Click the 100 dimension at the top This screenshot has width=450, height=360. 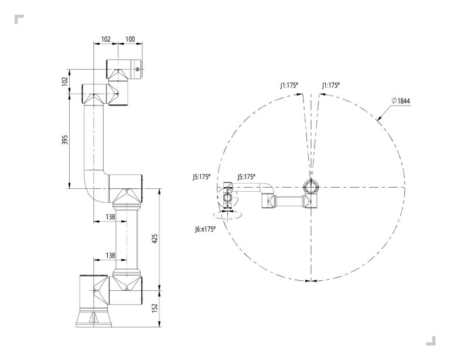coord(130,39)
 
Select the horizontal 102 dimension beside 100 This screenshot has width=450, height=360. coord(106,39)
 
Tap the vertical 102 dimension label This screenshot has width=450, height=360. coord(65,81)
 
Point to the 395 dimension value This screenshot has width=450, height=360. coord(65,140)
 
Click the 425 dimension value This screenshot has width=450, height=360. coord(155,239)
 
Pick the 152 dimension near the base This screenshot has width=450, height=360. coord(155,308)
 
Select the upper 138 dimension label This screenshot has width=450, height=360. coord(111,217)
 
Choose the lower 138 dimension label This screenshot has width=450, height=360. coord(111,255)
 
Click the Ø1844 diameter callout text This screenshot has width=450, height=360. coord(401,100)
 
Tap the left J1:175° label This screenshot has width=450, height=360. coord(289,85)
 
